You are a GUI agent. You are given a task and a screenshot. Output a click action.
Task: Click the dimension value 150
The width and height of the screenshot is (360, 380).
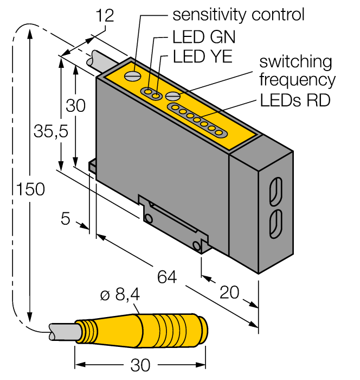tap(30, 189)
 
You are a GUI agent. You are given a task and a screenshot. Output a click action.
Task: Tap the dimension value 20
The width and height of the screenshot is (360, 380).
tap(230, 293)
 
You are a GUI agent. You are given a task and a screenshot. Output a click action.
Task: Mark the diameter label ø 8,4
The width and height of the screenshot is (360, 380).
tap(121, 295)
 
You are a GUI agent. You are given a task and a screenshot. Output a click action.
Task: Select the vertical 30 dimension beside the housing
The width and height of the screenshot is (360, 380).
tap(76, 105)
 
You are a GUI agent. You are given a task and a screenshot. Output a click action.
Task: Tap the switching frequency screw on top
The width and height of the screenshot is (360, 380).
tap(172, 96)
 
